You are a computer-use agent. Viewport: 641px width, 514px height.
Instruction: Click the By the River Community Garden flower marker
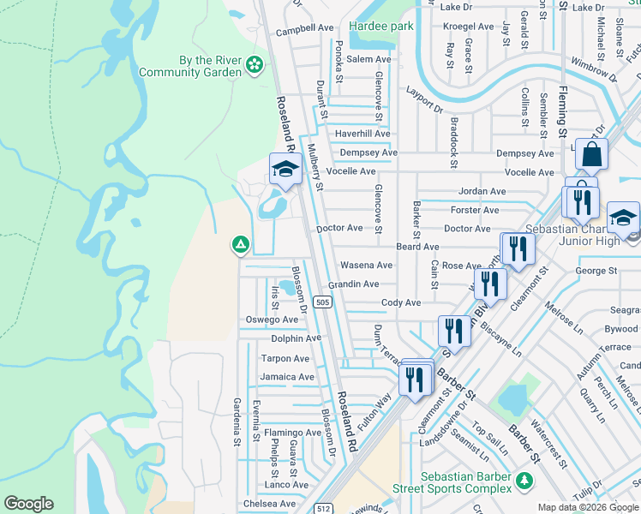[x=254, y=65]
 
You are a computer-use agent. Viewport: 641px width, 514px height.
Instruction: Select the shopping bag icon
[x=591, y=155]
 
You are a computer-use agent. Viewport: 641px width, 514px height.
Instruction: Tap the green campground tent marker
[x=241, y=246]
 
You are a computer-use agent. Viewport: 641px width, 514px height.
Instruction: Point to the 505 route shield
[x=322, y=302]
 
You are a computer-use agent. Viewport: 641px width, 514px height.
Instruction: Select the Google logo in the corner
[x=28, y=504]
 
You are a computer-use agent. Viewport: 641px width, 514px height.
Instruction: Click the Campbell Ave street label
[x=304, y=28]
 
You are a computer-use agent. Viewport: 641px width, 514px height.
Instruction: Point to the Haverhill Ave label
[x=362, y=134]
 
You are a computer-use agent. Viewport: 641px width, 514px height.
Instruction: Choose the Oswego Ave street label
[x=272, y=320]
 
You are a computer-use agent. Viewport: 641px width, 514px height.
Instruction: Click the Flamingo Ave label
[x=292, y=433]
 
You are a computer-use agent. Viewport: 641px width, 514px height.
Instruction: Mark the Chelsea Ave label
[x=270, y=504]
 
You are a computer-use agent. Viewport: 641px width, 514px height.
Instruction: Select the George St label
[x=596, y=271]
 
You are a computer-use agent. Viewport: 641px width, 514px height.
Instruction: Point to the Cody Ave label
[x=401, y=303]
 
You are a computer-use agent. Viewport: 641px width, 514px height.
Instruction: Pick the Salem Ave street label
[x=368, y=60]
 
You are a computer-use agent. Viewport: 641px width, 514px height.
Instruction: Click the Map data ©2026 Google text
[x=588, y=507]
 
